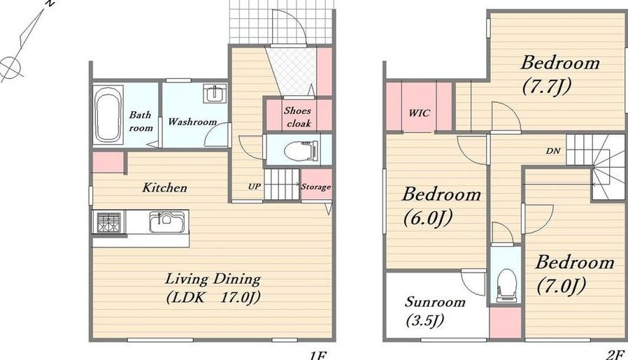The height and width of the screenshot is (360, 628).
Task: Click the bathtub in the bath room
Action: click(x=108, y=114)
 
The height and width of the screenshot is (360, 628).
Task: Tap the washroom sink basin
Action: click(x=215, y=93)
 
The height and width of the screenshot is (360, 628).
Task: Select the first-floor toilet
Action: click(x=301, y=150)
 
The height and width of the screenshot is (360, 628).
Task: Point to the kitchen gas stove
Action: click(x=108, y=222)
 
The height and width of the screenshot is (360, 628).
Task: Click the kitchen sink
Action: click(x=167, y=222)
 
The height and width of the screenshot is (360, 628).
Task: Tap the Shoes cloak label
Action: click(x=298, y=117)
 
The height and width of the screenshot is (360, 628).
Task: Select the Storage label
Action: click(x=316, y=187)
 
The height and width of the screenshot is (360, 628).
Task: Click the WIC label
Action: click(x=420, y=113)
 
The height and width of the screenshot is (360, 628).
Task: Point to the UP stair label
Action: click(x=255, y=186)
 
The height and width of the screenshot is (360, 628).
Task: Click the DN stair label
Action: click(x=553, y=151)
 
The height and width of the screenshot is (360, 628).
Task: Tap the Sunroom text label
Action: click(x=435, y=301)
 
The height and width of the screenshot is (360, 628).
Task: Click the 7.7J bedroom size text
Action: click(x=546, y=87)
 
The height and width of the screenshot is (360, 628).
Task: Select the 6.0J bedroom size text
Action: click(x=428, y=218)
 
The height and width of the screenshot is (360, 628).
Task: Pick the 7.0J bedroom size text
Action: click(x=562, y=286)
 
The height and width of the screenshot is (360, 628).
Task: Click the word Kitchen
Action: click(x=164, y=187)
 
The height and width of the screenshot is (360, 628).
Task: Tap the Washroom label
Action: click(x=192, y=122)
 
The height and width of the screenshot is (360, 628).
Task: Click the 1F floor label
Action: click(x=317, y=355)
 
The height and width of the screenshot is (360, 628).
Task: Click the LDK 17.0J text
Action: click(x=213, y=298)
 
